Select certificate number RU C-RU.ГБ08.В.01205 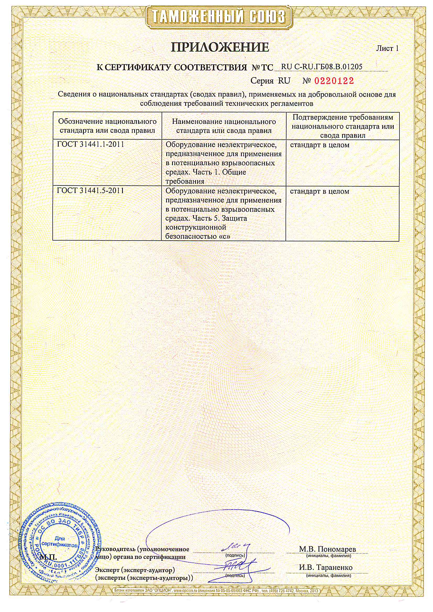(x=321, y=67)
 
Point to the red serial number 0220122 (x=334, y=81)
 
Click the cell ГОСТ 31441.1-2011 (x=90, y=144)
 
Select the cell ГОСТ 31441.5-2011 (x=90, y=191)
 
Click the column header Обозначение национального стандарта (x=107, y=126)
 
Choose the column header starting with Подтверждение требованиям (x=343, y=126)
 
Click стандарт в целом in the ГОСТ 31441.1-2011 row (x=319, y=145)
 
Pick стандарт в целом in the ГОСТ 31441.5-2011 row (x=319, y=191)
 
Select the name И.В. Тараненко (x=326, y=568)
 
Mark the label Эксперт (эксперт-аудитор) (x=135, y=570)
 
